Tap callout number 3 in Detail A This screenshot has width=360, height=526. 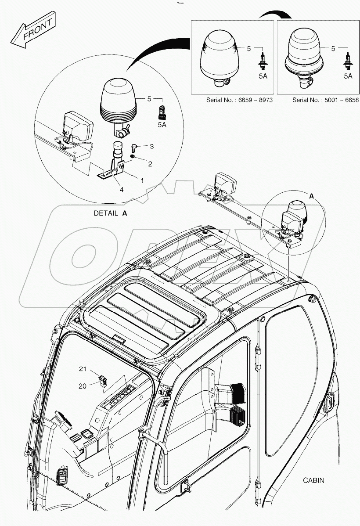point(151,146)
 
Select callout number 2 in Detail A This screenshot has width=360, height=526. point(150,164)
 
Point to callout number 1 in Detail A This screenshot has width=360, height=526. point(142,180)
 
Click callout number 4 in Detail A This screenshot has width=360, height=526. point(121,190)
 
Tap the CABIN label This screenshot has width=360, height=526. point(313,480)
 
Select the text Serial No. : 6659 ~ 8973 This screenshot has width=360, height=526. point(240,100)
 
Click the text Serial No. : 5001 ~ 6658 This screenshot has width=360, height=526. point(325,100)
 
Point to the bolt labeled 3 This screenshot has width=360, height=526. point(135,147)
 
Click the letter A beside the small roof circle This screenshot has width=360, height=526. point(311,197)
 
